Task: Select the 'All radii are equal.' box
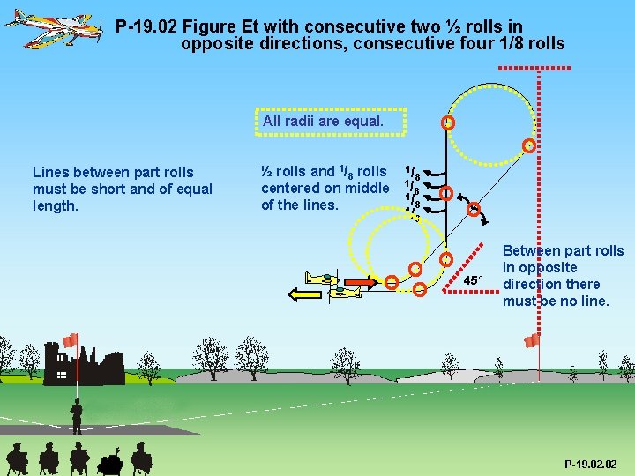(x=331, y=121)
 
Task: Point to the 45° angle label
(x=474, y=280)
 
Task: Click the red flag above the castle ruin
(x=71, y=340)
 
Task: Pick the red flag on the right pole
(x=532, y=340)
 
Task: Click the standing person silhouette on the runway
(x=77, y=415)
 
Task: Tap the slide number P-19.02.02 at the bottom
(x=592, y=464)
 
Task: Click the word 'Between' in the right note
(x=530, y=251)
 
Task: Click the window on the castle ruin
(x=63, y=375)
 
